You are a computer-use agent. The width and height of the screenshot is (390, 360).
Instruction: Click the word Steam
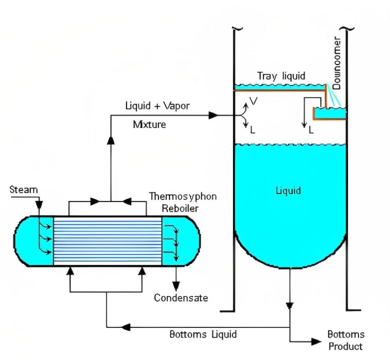[24, 190]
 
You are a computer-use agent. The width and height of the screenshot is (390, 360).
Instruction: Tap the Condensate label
[181, 298]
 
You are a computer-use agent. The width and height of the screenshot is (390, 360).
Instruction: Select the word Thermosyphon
[183, 196]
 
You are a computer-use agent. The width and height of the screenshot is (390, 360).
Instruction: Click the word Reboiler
[180, 208]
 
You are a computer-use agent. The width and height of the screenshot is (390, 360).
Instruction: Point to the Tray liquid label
[281, 76]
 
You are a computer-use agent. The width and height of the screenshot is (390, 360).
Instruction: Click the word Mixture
[149, 124]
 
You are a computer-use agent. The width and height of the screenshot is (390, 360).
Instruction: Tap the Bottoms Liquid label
[203, 334]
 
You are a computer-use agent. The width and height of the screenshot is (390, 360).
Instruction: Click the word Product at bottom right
[345, 346]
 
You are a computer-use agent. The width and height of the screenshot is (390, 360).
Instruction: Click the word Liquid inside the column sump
[288, 191]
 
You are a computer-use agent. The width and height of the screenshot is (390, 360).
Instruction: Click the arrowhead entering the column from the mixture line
[214, 115]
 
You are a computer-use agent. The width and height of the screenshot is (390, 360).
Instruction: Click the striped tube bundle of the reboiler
[108, 240]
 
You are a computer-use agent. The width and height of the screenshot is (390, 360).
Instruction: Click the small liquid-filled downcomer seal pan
[330, 111]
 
